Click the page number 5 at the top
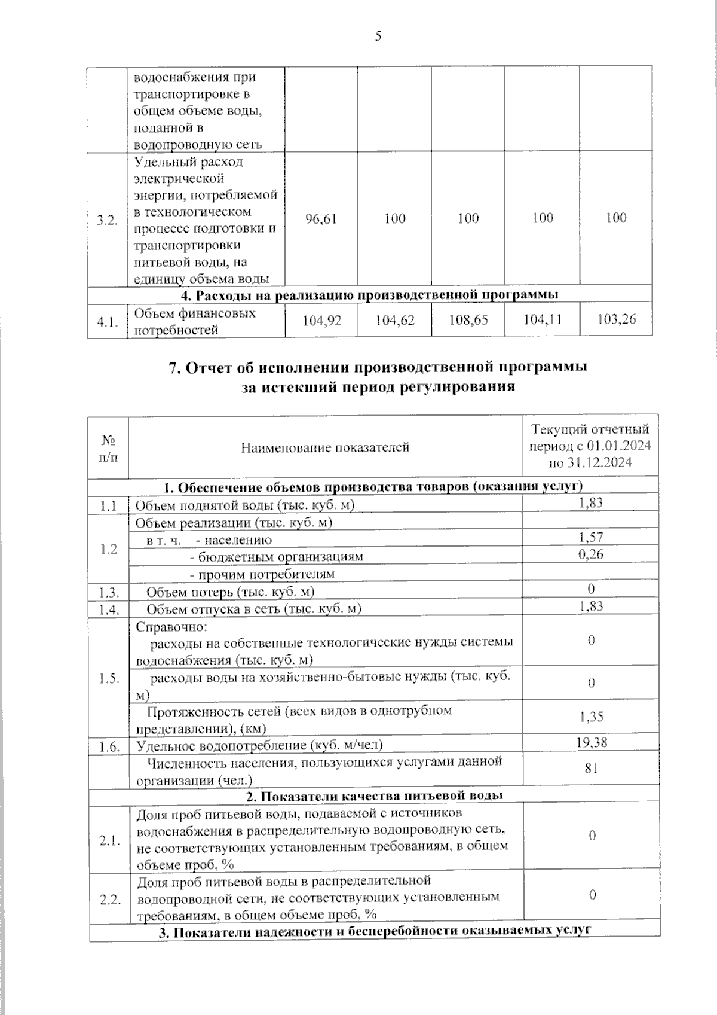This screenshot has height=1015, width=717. [x=378, y=36]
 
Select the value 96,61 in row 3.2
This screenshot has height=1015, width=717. [x=321, y=219]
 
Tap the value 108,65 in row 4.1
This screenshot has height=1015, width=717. [x=468, y=320]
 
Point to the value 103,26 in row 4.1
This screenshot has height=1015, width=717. [x=616, y=319]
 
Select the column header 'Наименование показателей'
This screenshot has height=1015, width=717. [x=325, y=447]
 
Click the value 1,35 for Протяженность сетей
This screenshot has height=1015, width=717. [x=591, y=717]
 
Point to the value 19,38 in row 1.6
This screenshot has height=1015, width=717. [x=591, y=742]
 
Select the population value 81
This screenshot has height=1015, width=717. [x=591, y=769]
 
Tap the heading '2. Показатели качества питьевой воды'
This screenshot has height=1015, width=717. [x=374, y=795]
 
